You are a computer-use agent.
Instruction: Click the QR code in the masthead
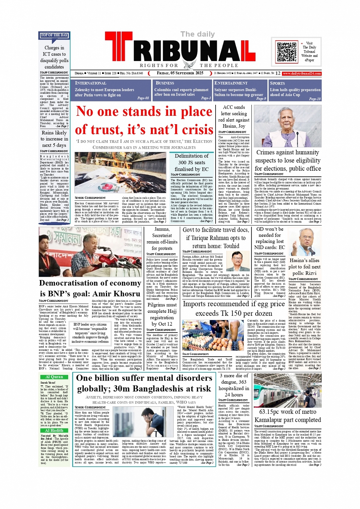pos(286,52)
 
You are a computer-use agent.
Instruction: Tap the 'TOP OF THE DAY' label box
pos(54,35)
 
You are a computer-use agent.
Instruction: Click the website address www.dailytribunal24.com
pos(302,73)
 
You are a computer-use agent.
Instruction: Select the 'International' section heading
pos(91,83)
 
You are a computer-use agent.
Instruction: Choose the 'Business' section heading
pos(165,83)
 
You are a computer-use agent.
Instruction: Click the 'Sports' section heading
pos(277,83)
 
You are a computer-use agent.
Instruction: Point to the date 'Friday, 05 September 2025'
pos(180,73)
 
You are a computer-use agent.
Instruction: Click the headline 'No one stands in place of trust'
pos(144,121)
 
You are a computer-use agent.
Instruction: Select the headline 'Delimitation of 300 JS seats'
pos(192,162)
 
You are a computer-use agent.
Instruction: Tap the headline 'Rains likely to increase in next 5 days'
pos(54,139)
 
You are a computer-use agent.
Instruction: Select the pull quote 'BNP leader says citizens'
pos(90,333)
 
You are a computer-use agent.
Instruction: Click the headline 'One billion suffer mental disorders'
pos(144,383)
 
